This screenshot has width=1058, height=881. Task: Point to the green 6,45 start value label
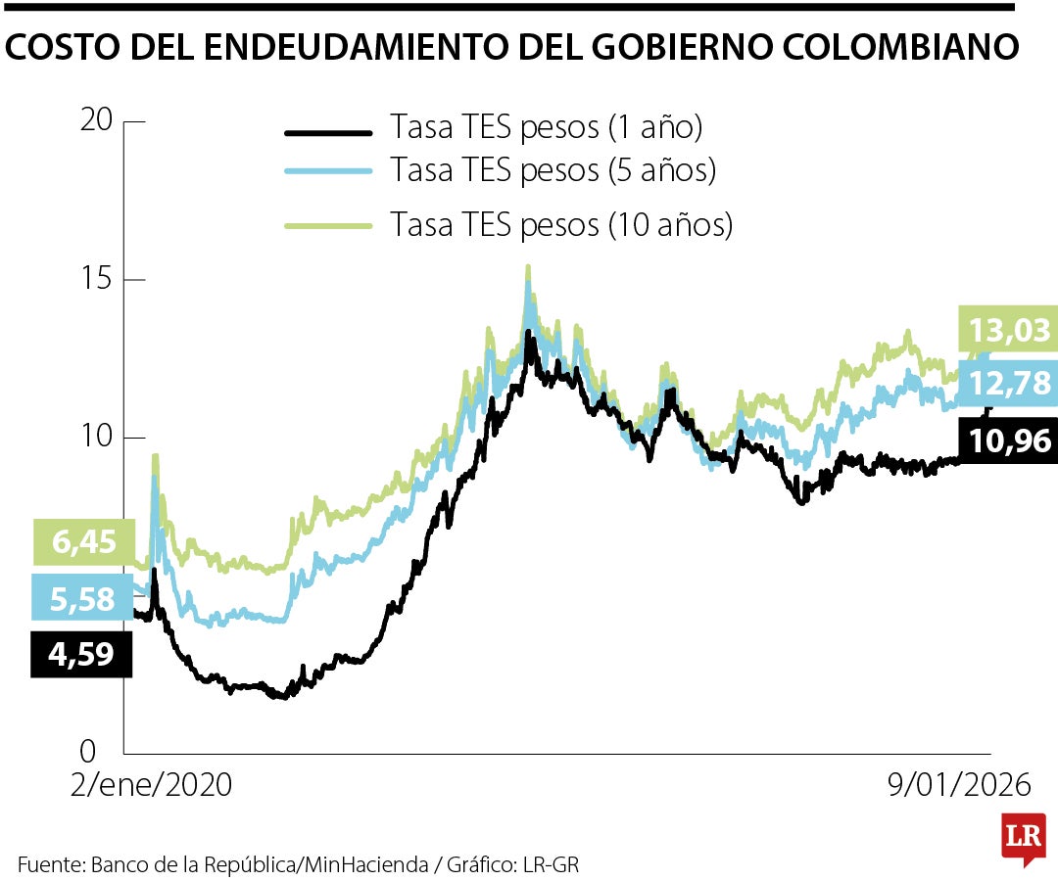click(81, 542)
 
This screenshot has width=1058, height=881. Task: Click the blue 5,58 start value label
click(81, 597)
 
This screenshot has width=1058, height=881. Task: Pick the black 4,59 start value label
click(81, 653)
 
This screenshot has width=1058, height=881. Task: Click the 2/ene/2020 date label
click(152, 785)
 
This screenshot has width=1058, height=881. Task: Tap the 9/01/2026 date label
click(960, 785)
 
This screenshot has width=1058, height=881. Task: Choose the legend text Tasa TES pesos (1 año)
click(546, 127)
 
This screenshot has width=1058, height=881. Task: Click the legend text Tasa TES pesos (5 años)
click(553, 170)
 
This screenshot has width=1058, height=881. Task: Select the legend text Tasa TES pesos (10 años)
click(561, 224)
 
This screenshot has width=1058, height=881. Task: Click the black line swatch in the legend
click(328, 132)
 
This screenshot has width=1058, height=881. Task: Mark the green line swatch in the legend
click(328, 226)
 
